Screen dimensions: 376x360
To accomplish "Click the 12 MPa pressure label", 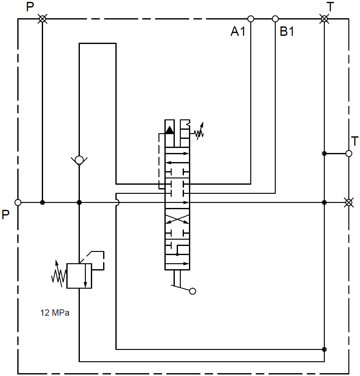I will (55, 313).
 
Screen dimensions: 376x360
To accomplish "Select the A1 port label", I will (238, 31).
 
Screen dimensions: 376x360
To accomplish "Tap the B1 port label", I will (287, 31).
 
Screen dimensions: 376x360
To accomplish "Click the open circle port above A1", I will (251, 19).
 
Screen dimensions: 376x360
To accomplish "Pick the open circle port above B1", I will (275, 19).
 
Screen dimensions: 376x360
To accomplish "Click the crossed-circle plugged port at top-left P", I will (42, 19).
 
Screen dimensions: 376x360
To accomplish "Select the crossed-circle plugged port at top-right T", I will (324, 19).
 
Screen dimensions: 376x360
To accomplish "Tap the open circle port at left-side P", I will (18, 203).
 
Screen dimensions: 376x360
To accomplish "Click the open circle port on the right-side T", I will (349, 154).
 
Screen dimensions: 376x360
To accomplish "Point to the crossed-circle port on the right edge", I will (348, 203).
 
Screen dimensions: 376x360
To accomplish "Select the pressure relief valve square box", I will (79, 276).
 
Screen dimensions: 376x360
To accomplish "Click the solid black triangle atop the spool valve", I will (169, 130).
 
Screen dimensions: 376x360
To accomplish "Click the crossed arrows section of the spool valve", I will (177, 219).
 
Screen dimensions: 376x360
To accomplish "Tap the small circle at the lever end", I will (193, 291).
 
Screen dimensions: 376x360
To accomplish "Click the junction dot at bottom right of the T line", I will (324, 349).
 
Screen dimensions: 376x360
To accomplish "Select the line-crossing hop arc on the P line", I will (117, 203).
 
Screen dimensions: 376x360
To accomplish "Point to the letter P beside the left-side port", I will (6, 215).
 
